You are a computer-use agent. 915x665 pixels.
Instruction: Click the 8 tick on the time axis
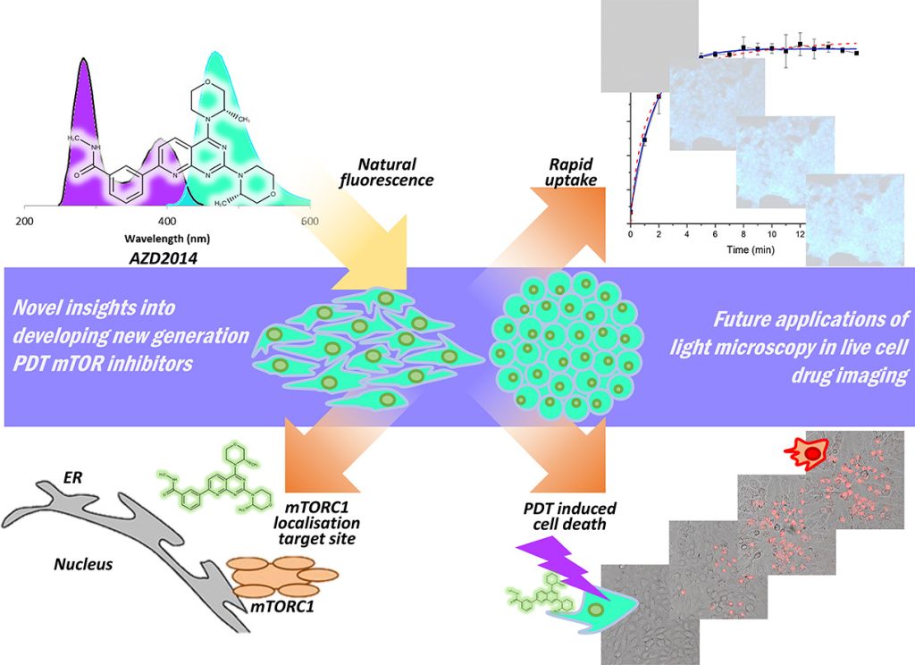743,235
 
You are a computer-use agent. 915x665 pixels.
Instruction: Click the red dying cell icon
811,454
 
